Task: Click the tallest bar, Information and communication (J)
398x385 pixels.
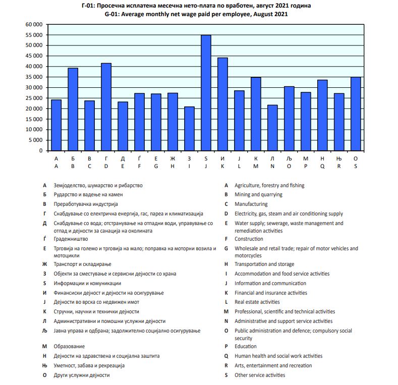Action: coord(206,93)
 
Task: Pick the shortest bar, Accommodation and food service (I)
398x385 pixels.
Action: coord(189,129)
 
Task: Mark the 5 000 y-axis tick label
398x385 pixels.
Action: coord(36,140)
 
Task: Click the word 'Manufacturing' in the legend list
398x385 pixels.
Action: coord(251,204)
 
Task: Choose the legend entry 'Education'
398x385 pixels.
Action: coord(246,347)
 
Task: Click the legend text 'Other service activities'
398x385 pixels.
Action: coord(260,375)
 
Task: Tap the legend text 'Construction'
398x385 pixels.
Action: coord(249,239)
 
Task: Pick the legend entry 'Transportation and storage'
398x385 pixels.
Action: coord(264,264)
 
